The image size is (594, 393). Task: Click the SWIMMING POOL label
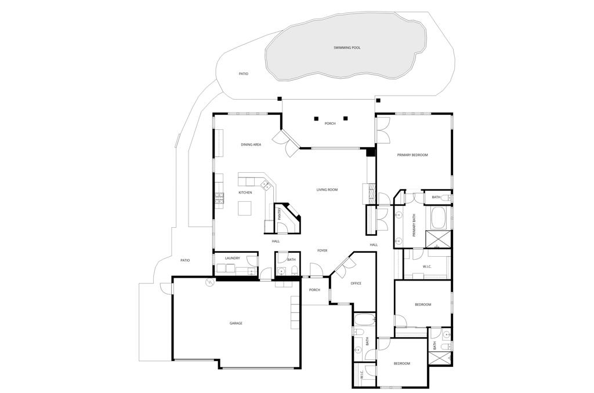347,48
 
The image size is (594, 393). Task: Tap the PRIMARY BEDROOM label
412,155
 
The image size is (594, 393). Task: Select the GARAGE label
236,323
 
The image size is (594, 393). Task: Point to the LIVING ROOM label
327,190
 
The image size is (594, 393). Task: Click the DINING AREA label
251,144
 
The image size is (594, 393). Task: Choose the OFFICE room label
356,283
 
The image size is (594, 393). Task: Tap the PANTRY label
279,214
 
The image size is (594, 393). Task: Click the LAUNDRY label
232,258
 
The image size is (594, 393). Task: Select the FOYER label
322,250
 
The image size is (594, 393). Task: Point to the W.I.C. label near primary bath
427,267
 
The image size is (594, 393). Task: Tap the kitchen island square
245,208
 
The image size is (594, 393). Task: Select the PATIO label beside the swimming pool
243,74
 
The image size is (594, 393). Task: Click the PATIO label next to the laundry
184,260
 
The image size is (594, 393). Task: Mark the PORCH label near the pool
329,123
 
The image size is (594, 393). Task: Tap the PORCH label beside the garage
314,290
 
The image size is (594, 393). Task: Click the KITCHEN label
245,192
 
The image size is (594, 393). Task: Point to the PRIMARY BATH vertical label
414,225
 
